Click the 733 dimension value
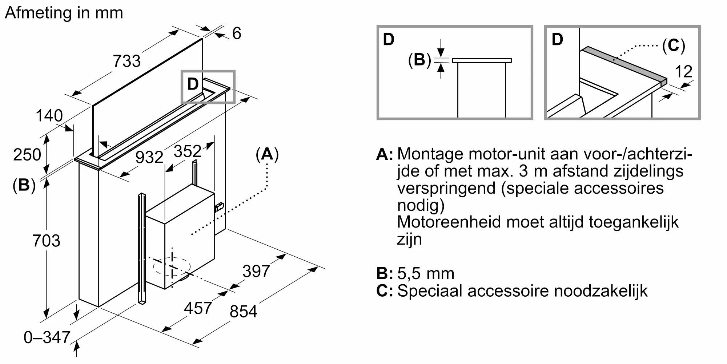tap(126, 61)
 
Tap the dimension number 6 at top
tap(237, 33)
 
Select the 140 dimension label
tap(49, 116)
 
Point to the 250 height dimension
tap(27, 155)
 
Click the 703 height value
tap(46, 241)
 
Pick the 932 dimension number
tap(149, 157)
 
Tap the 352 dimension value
tap(188, 151)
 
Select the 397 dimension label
tap(256, 272)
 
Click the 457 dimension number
tap(198, 308)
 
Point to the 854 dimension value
tap(243, 312)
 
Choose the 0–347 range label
tap(47, 337)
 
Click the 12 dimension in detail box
tap(683, 72)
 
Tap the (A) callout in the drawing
tap(267, 154)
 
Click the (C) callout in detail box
tap(673, 46)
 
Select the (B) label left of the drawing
tap(24, 185)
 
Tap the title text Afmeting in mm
tap(64, 13)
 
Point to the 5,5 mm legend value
tap(426, 274)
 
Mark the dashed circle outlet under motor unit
tap(172, 267)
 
